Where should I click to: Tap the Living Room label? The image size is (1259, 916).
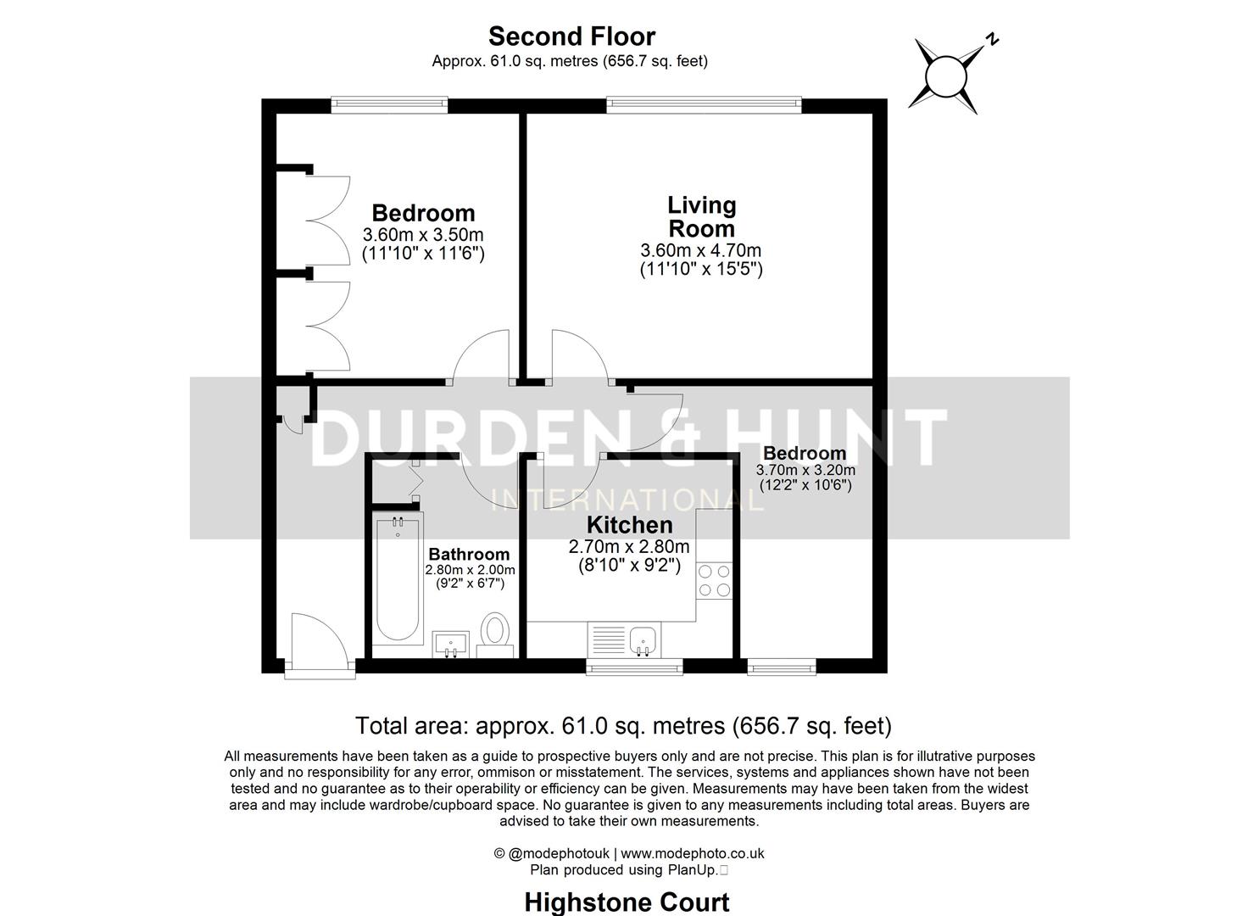(701, 217)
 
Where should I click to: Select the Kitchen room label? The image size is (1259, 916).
(629, 525)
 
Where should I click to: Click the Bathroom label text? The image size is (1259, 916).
(469, 555)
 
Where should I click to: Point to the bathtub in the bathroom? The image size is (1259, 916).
(397, 578)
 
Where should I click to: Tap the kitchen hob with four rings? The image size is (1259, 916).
(714, 581)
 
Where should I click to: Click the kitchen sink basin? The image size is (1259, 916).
(643, 639)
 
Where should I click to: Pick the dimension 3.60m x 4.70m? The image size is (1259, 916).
(701, 251)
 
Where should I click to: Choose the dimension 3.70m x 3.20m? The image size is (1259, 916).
(805, 470)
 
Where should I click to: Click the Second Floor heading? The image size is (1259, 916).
(571, 36)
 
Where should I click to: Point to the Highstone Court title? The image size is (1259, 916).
(627, 902)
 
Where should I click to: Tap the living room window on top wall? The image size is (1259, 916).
(703, 105)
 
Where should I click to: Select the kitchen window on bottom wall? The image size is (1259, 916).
(635, 667)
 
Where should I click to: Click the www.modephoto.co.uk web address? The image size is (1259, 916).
(693, 854)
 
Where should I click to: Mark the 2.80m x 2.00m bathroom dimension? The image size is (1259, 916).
(470, 570)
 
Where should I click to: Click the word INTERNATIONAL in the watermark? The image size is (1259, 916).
(628, 500)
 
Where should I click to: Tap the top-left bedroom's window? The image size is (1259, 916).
(388, 105)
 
